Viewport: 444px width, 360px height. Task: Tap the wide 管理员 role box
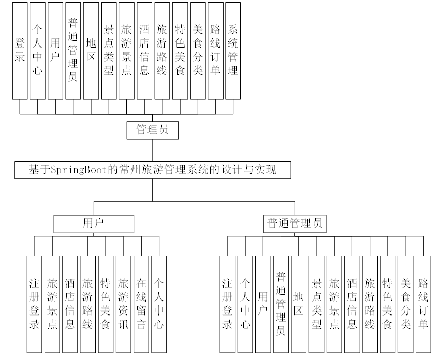point(152,130)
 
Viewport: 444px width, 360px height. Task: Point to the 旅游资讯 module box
point(123,304)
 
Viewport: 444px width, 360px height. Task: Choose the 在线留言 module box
point(141,304)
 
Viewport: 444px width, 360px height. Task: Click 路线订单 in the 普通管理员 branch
point(423,304)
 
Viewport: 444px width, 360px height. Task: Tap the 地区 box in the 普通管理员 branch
point(298,304)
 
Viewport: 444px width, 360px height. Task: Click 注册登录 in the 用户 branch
point(34,304)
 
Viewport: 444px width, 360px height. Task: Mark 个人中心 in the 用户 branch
point(159,304)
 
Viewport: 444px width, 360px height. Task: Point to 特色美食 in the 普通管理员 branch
point(387,304)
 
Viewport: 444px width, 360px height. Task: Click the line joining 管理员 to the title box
point(152,150)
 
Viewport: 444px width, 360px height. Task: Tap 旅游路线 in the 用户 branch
point(87,304)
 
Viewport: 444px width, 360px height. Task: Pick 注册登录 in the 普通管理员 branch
point(228,304)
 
